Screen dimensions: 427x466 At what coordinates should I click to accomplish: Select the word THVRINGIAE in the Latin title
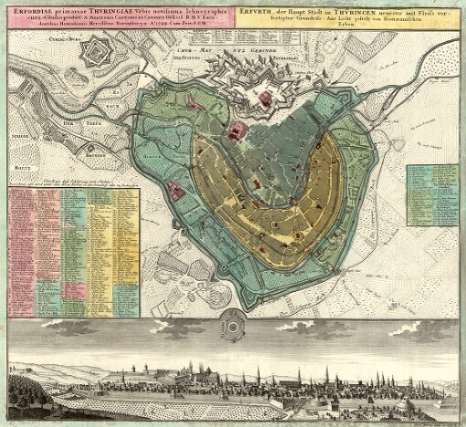[105, 10]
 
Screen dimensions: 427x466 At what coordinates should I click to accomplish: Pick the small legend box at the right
[432, 188]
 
